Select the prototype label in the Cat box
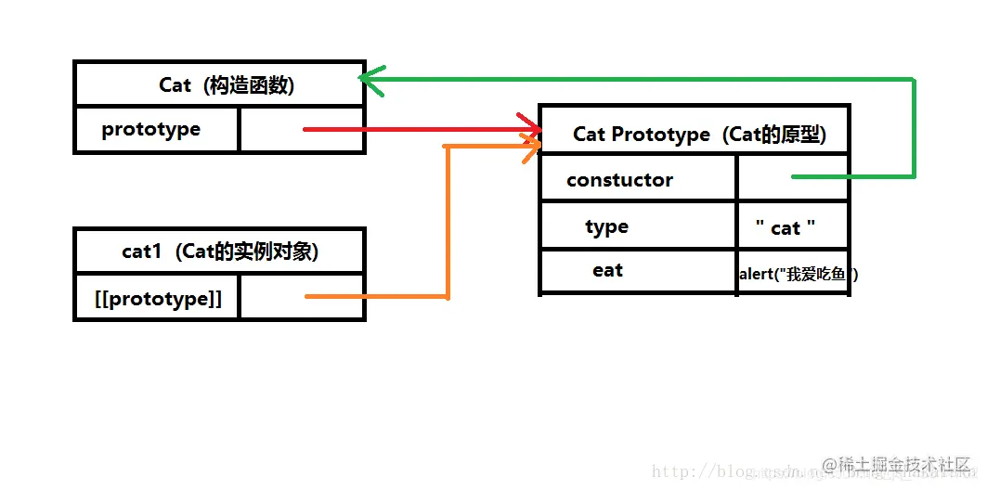click(x=151, y=130)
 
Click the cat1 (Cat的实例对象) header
click(x=220, y=251)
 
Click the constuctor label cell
click(x=620, y=180)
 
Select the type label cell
click(x=607, y=227)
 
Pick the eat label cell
click(x=608, y=271)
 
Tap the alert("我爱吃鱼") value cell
click(x=794, y=274)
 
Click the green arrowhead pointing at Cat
click(x=370, y=80)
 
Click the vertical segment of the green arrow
click(x=915, y=128)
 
